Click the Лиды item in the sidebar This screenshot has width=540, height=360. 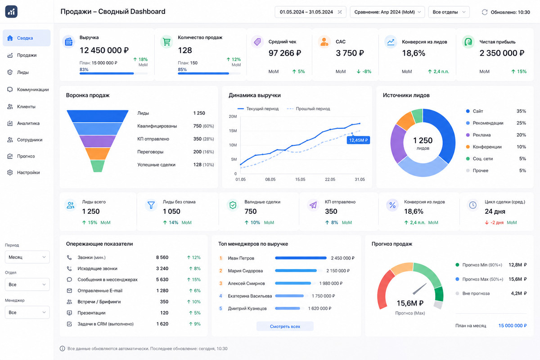click(22, 72)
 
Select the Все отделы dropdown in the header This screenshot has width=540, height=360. click(449, 12)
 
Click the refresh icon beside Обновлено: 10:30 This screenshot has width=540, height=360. click(485, 12)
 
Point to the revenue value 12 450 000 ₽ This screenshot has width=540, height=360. click(104, 50)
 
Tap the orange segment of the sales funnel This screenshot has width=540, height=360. click(97, 153)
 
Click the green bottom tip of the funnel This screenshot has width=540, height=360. click(97, 166)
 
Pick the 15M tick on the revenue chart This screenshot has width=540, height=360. click(233, 130)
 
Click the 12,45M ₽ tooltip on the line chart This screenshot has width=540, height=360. click(358, 140)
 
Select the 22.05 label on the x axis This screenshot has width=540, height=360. click(330, 180)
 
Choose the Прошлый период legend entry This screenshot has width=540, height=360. click(308, 109)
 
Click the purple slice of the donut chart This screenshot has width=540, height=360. click(398, 144)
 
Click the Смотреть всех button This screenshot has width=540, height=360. click(285, 326)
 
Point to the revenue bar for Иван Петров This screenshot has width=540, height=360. click(301, 258)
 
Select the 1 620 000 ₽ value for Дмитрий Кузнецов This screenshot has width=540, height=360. click(319, 308)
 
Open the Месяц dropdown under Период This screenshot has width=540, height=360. click(27, 257)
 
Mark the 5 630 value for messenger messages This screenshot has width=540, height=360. click(162, 279)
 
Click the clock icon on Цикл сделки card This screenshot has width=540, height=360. click(473, 205)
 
